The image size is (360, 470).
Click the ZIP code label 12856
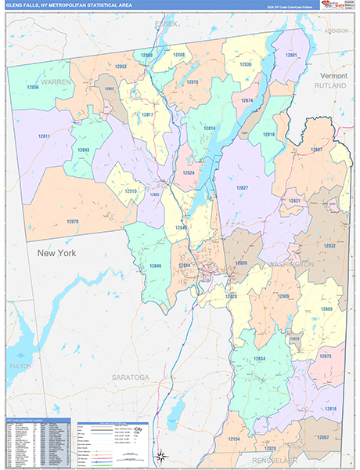pyautogui.click(x=32, y=88)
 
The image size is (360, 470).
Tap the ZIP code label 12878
pyautogui.click(x=73, y=222)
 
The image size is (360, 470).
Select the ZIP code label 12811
pyautogui.click(x=44, y=136)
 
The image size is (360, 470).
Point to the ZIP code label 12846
pyautogui.click(x=156, y=266)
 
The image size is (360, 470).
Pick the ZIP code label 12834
pyautogui.click(x=259, y=359)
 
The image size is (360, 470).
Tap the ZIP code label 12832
pyautogui.click(x=329, y=245)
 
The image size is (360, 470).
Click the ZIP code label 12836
pyautogui.click(x=245, y=64)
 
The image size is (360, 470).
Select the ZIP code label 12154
pyautogui.click(x=234, y=439)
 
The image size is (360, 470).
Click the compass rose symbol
pyautogui.click(x=161, y=456)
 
